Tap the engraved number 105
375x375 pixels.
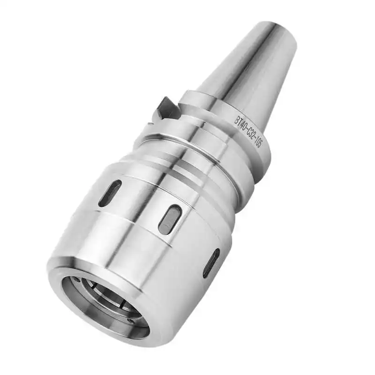tap(259, 144)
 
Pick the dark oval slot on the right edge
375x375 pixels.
tap(211, 263)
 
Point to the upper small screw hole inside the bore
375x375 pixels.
tap(76, 280)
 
